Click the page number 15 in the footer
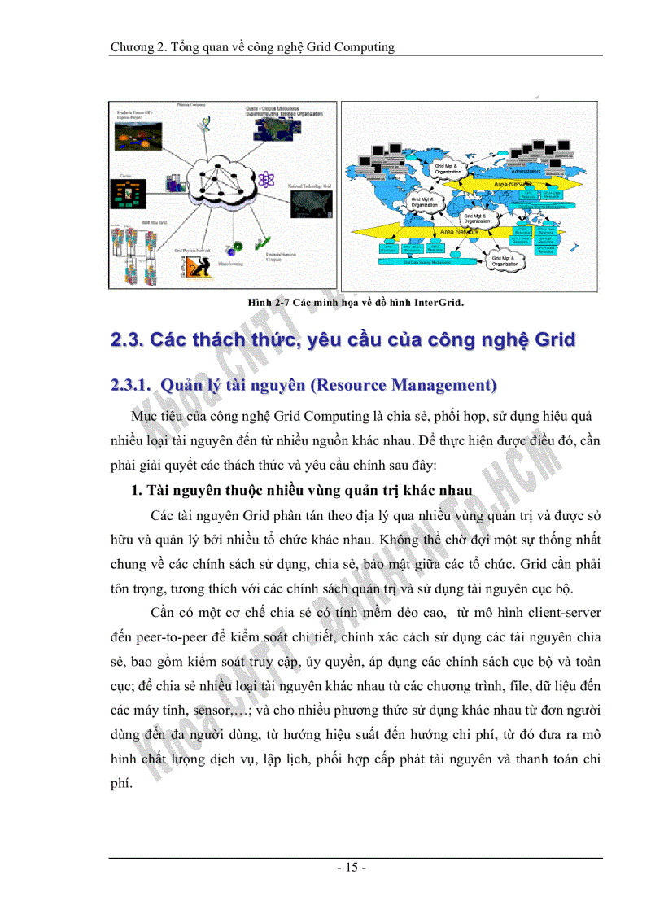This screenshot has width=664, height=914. (x=352, y=868)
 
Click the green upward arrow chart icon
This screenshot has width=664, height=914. (x=262, y=243)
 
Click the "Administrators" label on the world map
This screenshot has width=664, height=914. (x=520, y=172)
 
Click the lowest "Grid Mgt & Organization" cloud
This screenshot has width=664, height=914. (x=505, y=260)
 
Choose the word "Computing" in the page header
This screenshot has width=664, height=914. (x=362, y=46)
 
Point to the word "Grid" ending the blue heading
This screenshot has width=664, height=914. (x=554, y=341)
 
